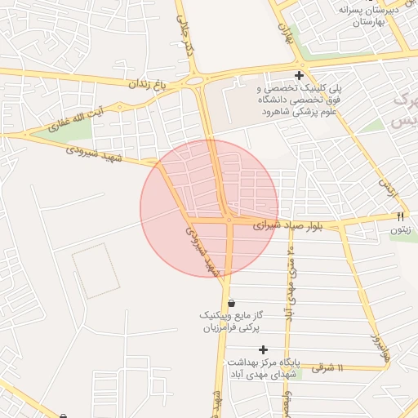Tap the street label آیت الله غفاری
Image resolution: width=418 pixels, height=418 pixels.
point(77,118)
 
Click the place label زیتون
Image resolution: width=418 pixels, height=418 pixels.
point(399,231)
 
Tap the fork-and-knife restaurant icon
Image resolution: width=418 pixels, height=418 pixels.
point(399,217)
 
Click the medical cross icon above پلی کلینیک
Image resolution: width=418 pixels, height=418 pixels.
point(300,76)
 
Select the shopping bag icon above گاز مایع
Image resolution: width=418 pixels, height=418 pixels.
point(231,302)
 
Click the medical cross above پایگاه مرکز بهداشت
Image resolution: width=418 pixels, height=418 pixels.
point(263,349)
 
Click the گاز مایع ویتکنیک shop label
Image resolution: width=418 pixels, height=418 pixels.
point(242,320)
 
